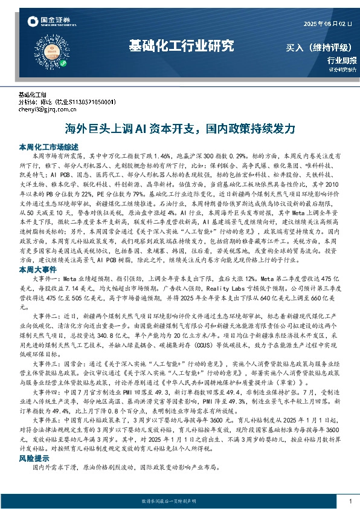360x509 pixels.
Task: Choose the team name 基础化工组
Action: click(x=33, y=96)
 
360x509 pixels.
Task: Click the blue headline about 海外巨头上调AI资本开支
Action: click(x=180, y=129)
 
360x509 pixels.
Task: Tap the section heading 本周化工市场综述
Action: click(x=48, y=147)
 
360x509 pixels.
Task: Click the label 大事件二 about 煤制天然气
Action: click(x=47, y=316)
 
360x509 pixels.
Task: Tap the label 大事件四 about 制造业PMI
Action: click(x=47, y=393)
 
